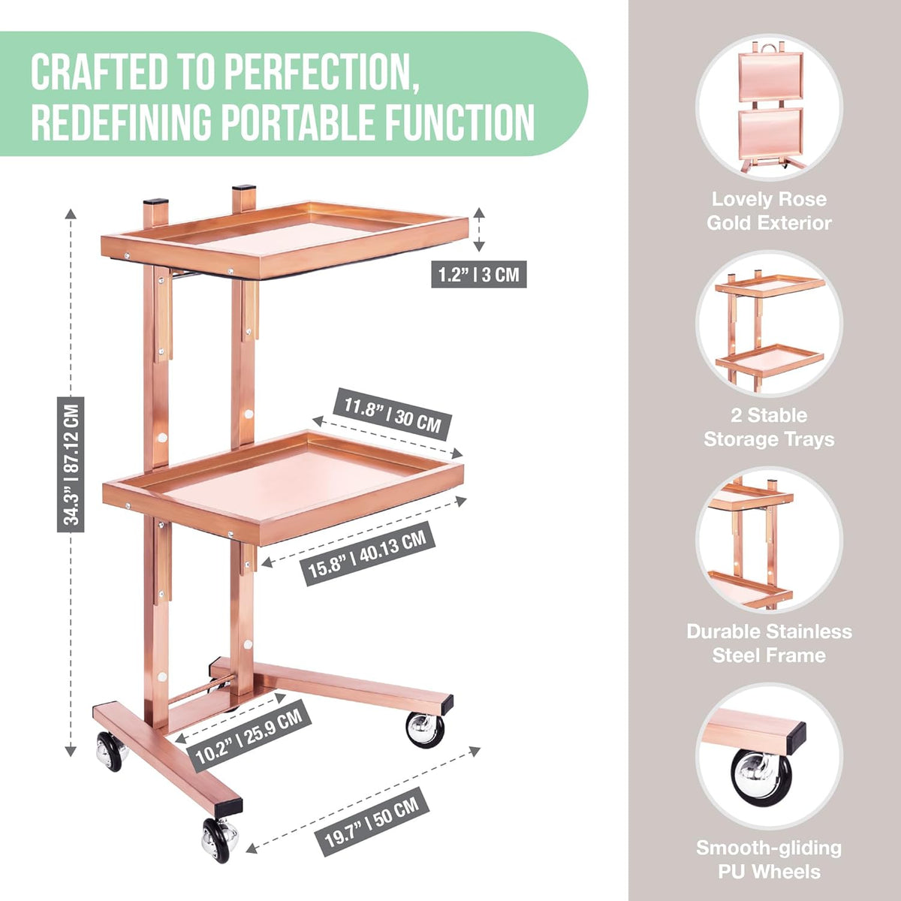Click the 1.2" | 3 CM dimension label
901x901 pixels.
pos(479,274)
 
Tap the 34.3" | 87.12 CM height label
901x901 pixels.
pos(71,464)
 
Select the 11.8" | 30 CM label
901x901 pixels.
pos(392,414)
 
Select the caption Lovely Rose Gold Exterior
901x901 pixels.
pos(769,211)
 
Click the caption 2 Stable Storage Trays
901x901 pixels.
pos(769,427)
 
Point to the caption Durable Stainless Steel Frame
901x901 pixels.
pos(769,643)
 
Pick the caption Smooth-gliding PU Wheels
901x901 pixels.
pos(769,860)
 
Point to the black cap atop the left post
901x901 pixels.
pos(155,203)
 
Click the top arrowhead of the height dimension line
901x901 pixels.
pos(71,214)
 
